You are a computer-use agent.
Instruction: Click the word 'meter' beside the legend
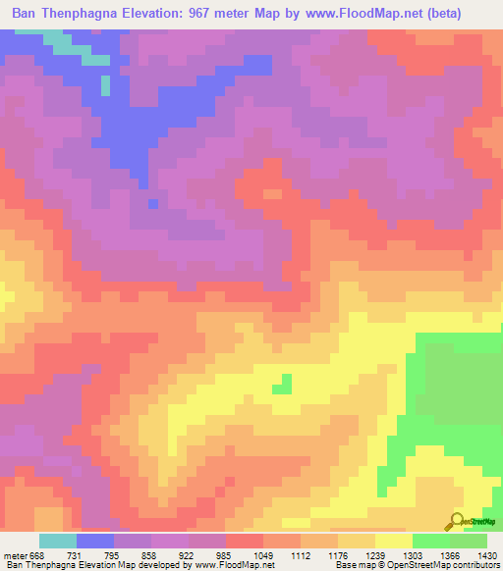click(x=15, y=556)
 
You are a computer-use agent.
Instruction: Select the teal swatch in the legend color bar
click(x=58, y=541)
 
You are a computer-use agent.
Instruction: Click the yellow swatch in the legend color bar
click(x=394, y=541)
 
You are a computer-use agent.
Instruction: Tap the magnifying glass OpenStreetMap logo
click(x=456, y=522)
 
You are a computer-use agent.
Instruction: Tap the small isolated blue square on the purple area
click(x=152, y=203)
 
